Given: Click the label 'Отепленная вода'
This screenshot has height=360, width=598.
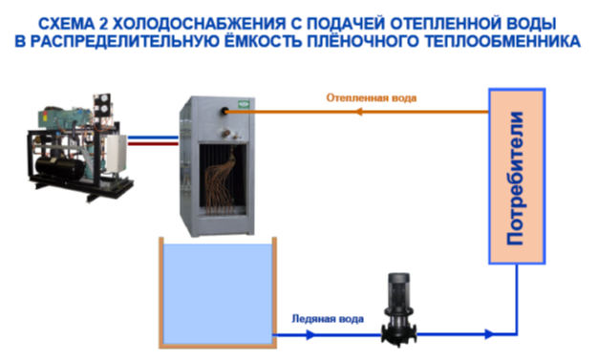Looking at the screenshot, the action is pyautogui.click(x=371, y=98).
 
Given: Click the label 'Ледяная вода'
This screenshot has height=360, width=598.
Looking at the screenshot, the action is pyautogui.click(x=328, y=319).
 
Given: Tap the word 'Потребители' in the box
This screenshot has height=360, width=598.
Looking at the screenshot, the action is pyautogui.click(x=516, y=178).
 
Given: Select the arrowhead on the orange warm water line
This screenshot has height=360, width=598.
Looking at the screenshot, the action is pyautogui.click(x=358, y=112).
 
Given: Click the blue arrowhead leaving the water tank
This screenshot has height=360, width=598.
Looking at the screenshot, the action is pyautogui.click(x=310, y=335).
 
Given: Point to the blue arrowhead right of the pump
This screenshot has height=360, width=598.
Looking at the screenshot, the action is pyautogui.click(x=488, y=334).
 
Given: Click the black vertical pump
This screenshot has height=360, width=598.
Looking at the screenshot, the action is pyautogui.click(x=399, y=308).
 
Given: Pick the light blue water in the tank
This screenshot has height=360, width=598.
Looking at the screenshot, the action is pyautogui.click(x=218, y=294).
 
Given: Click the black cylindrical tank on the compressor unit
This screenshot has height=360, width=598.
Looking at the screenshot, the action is pyautogui.click(x=59, y=167).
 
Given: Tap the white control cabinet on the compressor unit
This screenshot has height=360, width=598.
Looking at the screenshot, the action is pyautogui.click(x=117, y=154).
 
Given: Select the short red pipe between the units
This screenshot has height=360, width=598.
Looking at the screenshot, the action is pyautogui.click(x=153, y=144).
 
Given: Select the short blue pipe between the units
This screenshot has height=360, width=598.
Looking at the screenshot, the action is pyautogui.click(x=153, y=138).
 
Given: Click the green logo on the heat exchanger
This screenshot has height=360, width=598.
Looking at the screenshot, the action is pyautogui.click(x=243, y=104).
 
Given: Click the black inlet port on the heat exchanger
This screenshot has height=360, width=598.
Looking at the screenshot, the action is pyautogui.click(x=224, y=112).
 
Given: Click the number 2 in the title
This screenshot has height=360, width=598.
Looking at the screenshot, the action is pyautogui.click(x=103, y=24).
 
